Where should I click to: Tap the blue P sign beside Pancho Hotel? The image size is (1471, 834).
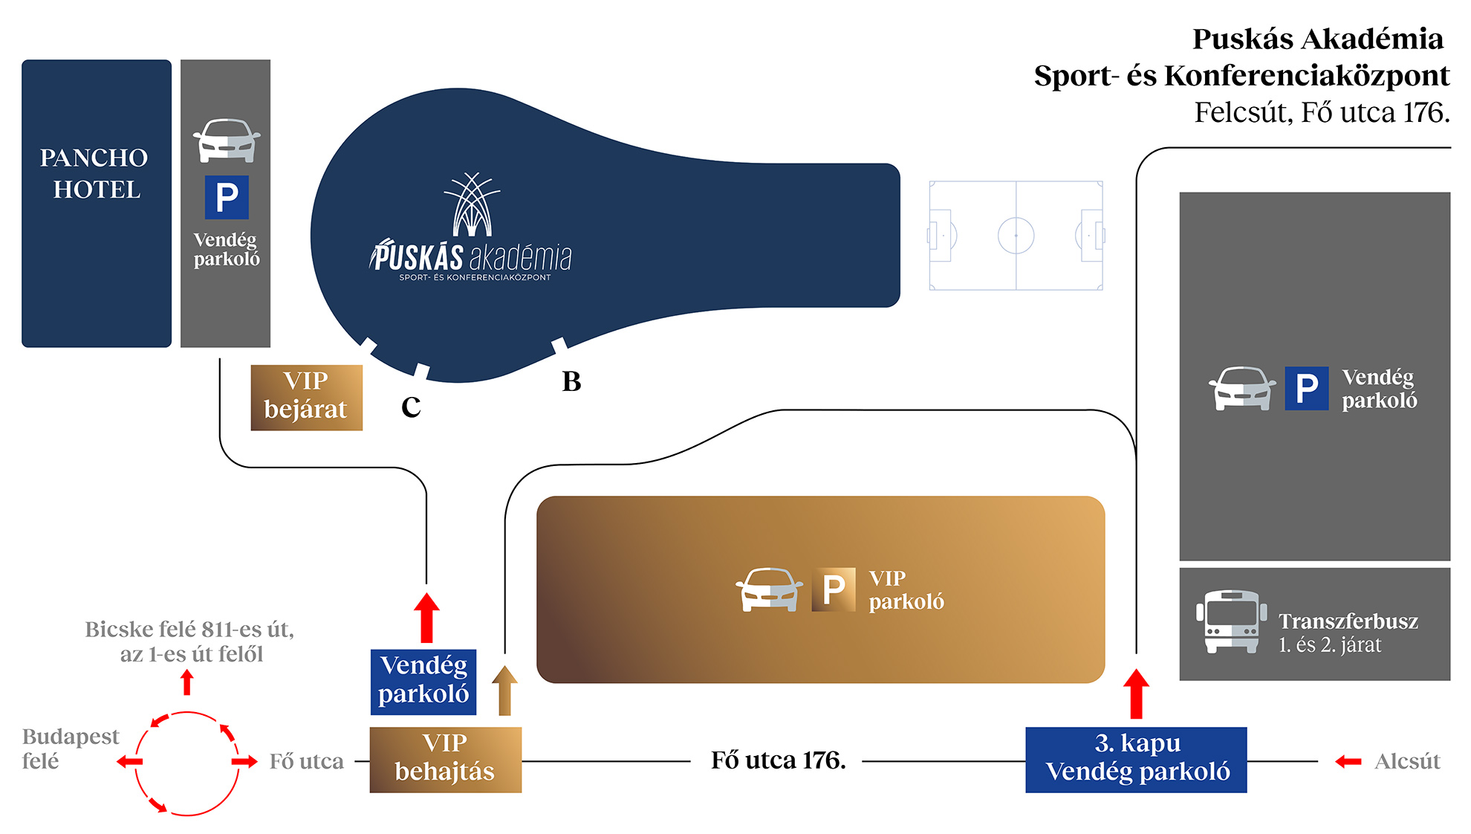pos(227,198)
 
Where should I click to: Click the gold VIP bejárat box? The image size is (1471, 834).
pos(306,397)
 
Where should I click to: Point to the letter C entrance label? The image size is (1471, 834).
pos(411,407)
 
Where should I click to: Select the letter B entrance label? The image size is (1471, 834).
pos(571,381)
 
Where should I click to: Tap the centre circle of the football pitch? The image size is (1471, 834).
pos(1016,236)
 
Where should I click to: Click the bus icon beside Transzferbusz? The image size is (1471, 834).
pos(1231,621)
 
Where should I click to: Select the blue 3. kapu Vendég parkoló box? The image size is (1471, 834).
pos(1136,759)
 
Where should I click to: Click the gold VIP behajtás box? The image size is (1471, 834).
pos(445,759)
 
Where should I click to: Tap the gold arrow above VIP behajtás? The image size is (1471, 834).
pos(504,689)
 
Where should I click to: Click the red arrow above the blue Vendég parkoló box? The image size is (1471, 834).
pos(426,617)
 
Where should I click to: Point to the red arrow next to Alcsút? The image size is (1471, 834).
pos(1348,761)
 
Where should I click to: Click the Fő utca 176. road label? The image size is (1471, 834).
pos(778,760)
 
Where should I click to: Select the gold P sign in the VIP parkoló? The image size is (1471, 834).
pos(834,589)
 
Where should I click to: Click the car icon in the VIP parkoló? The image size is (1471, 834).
pos(769,589)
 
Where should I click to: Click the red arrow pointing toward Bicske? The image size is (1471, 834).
pos(187,682)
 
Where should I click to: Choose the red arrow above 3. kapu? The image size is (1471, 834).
pos(1136,693)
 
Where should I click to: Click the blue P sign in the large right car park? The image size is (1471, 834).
pos(1307,388)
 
